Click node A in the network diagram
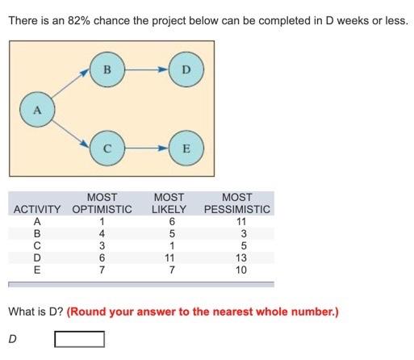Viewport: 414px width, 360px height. [36, 110]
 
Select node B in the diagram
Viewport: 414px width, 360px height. [106, 69]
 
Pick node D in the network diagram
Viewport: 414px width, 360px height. [186, 69]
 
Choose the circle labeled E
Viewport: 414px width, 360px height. [186, 149]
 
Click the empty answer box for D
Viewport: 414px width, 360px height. [79, 338]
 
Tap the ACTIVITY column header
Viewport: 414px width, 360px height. [39, 210]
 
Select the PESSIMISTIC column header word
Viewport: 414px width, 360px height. [236, 210]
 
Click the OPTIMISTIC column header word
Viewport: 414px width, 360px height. [102, 210]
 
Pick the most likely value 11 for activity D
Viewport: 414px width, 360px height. [169, 258]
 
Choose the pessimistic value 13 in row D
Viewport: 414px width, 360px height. [236, 258]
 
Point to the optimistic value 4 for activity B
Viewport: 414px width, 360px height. [102, 234]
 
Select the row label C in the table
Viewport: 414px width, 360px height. [36, 246]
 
